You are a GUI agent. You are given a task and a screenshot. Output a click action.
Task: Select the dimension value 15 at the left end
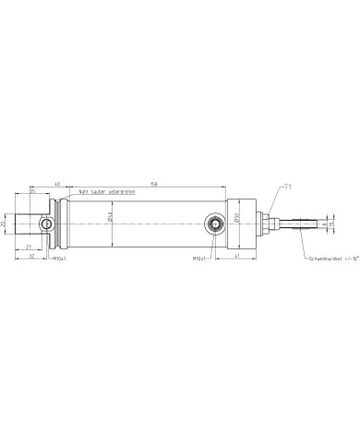[32, 191]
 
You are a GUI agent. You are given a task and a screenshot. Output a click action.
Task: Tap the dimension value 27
[29, 248]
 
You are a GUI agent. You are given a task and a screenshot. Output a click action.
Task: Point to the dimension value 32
[31, 256]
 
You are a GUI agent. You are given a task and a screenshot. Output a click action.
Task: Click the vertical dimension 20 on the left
[4, 223]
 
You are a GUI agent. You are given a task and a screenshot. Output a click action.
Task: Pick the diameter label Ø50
[237, 218]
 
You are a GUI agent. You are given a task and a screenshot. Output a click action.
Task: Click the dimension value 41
[237, 256]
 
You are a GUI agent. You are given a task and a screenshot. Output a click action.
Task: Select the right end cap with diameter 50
[243, 223]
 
